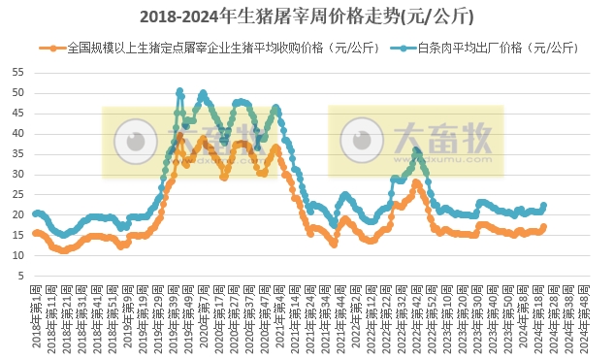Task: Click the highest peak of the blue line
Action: pyautogui.click(x=179, y=91)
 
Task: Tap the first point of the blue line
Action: pyautogui.click(x=35, y=213)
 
